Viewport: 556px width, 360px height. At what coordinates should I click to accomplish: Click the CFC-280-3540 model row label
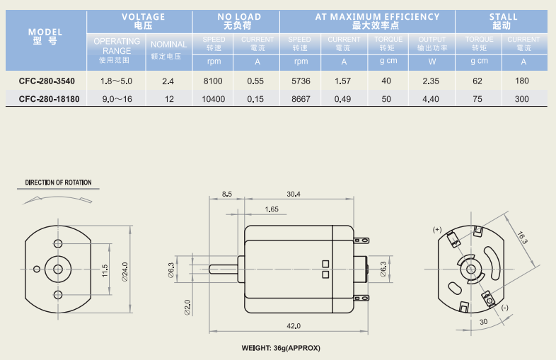click(x=47, y=81)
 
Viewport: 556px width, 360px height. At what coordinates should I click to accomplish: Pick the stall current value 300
click(x=522, y=99)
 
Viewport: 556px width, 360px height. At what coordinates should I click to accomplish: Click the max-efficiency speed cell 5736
click(x=301, y=81)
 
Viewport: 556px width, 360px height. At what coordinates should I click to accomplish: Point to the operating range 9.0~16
click(x=117, y=99)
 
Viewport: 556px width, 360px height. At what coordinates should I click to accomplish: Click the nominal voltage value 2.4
click(x=168, y=81)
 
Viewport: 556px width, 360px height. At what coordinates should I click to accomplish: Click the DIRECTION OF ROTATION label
click(x=59, y=182)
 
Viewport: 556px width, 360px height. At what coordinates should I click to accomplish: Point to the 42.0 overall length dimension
click(x=294, y=325)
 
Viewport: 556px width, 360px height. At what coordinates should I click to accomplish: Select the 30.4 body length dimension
click(x=293, y=194)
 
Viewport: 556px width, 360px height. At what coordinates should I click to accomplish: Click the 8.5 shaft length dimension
click(x=226, y=194)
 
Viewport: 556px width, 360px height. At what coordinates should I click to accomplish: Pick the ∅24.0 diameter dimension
click(x=125, y=269)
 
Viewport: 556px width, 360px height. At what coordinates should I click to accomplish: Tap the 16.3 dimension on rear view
click(x=522, y=239)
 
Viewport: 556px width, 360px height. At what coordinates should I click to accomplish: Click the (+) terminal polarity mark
click(x=437, y=230)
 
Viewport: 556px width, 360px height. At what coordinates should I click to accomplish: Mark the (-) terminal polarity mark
click(x=504, y=308)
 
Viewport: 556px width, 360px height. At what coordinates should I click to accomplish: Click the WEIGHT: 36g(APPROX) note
click(x=281, y=348)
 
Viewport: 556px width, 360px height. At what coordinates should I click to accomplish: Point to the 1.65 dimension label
click(x=272, y=209)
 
